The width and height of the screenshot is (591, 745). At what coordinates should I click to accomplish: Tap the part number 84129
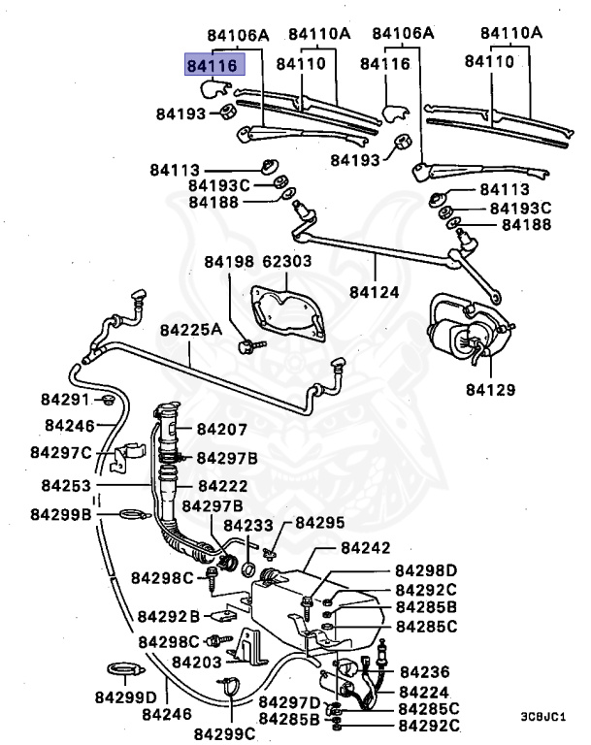[490, 391]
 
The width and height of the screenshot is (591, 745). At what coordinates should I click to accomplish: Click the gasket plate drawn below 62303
[287, 310]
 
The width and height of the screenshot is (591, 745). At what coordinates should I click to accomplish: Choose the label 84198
[228, 262]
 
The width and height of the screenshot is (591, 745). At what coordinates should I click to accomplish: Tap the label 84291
[65, 400]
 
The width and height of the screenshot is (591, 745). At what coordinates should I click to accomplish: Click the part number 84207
[222, 429]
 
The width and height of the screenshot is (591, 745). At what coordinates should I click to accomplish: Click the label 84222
[222, 485]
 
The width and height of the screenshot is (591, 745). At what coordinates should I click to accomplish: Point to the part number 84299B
[60, 513]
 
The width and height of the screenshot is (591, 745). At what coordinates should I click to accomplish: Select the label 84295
[319, 523]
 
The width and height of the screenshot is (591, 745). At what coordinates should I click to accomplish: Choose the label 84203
[197, 662]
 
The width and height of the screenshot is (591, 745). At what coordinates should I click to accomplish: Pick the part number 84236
[424, 671]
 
